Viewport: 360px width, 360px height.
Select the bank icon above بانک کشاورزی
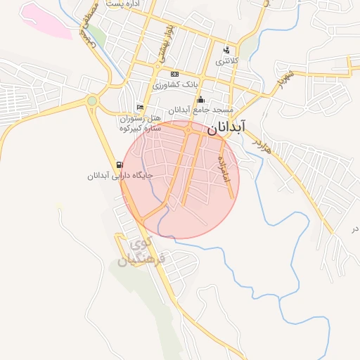174,74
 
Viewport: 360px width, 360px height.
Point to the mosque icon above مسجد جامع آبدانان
201,99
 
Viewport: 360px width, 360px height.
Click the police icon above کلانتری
226,51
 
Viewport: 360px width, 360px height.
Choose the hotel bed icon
141,107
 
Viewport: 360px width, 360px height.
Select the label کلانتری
226,61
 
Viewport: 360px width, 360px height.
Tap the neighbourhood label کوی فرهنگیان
143,251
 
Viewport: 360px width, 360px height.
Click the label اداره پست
124,4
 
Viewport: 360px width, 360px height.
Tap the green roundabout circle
92,101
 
